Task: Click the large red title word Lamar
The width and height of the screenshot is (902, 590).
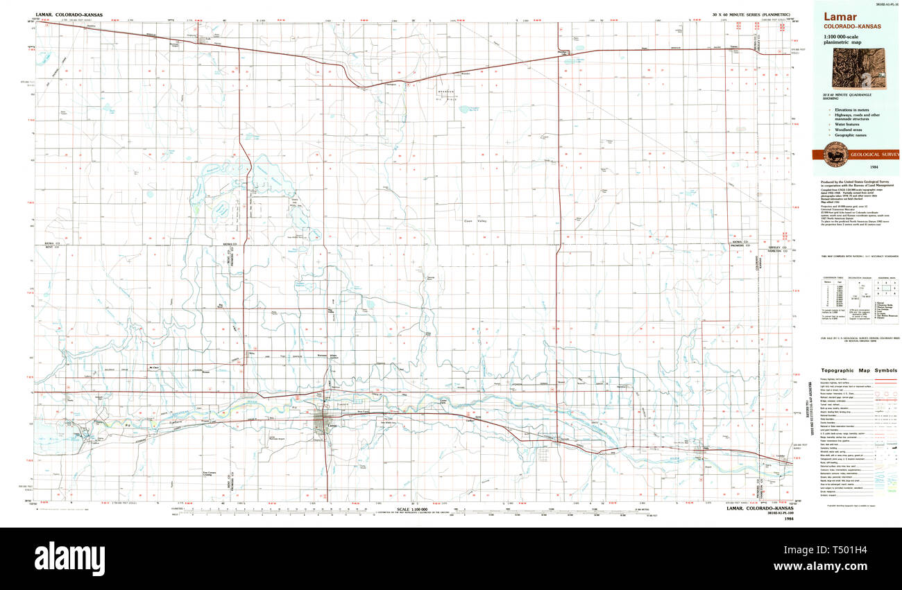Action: point(839,17)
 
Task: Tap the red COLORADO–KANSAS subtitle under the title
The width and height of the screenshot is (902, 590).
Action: point(852,27)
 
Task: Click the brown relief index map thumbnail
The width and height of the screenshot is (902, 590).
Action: point(858,69)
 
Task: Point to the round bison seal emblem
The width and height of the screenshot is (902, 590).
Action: point(835,155)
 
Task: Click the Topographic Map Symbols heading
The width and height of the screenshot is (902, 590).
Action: point(858,370)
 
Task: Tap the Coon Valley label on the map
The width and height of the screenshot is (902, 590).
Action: point(478,221)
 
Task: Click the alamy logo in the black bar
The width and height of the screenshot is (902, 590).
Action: point(69,557)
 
